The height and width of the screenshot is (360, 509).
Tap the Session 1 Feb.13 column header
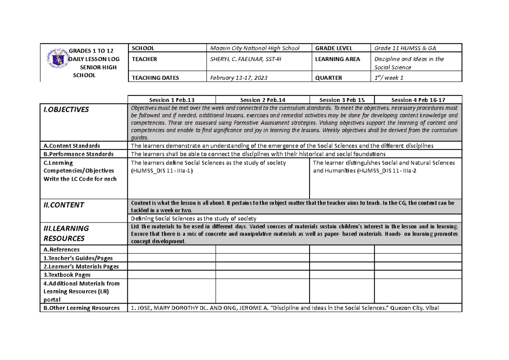[x=172, y=100]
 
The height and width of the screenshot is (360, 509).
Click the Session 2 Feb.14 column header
[x=263, y=100]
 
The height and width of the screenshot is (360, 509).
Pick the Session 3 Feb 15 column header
[x=341, y=100]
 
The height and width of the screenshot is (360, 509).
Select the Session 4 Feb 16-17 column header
[x=418, y=100]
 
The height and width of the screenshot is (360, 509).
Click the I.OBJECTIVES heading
[x=67, y=110]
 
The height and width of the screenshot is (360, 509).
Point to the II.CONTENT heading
[x=64, y=205]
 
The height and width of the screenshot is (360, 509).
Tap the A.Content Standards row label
[x=72, y=146]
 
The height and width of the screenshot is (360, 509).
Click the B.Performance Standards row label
[x=78, y=154]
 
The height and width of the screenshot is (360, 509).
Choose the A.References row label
[x=62, y=250]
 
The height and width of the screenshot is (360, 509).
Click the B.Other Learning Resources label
[x=81, y=308]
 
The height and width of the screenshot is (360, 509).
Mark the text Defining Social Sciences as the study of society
[x=193, y=219]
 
